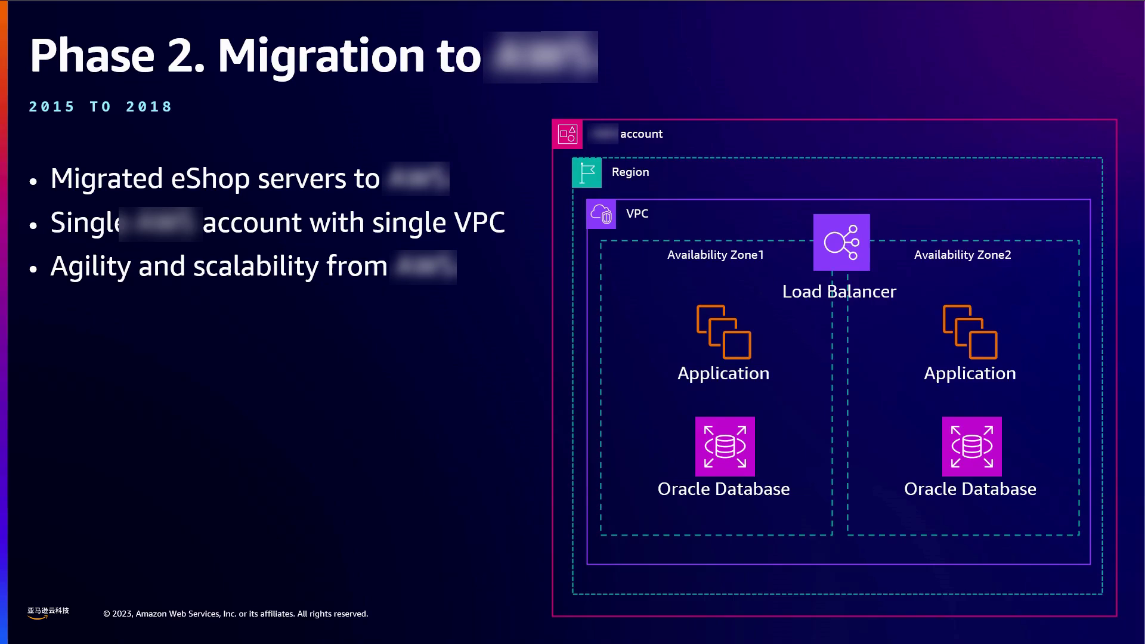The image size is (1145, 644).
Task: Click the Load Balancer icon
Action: click(x=841, y=242)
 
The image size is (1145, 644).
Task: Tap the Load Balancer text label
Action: click(x=839, y=292)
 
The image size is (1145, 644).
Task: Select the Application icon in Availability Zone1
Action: click(x=723, y=332)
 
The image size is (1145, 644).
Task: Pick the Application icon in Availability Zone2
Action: click(x=970, y=332)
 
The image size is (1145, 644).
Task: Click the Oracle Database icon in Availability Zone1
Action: click(x=725, y=447)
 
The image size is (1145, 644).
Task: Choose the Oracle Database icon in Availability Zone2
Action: click(x=971, y=447)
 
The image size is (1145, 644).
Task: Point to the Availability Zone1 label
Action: click(x=715, y=255)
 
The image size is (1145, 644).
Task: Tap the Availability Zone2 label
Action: click(x=963, y=255)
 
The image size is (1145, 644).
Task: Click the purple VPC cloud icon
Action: click(x=601, y=214)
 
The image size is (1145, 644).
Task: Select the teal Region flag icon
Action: click(x=587, y=173)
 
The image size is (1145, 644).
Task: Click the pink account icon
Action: click(x=567, y=134)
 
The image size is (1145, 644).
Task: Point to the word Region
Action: click(x=630, y=172)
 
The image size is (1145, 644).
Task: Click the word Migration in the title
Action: click(x=321, y=56)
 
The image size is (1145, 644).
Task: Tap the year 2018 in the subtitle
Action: click(x=148, y=107)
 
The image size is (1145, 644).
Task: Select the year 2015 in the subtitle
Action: click(x=52, y=107)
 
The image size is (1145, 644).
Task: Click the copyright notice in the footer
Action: click(x=236, y=614)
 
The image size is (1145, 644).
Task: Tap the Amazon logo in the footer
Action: click(x=48, y=613)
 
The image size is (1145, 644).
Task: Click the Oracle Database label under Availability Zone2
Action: click(x=970, y=489)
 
